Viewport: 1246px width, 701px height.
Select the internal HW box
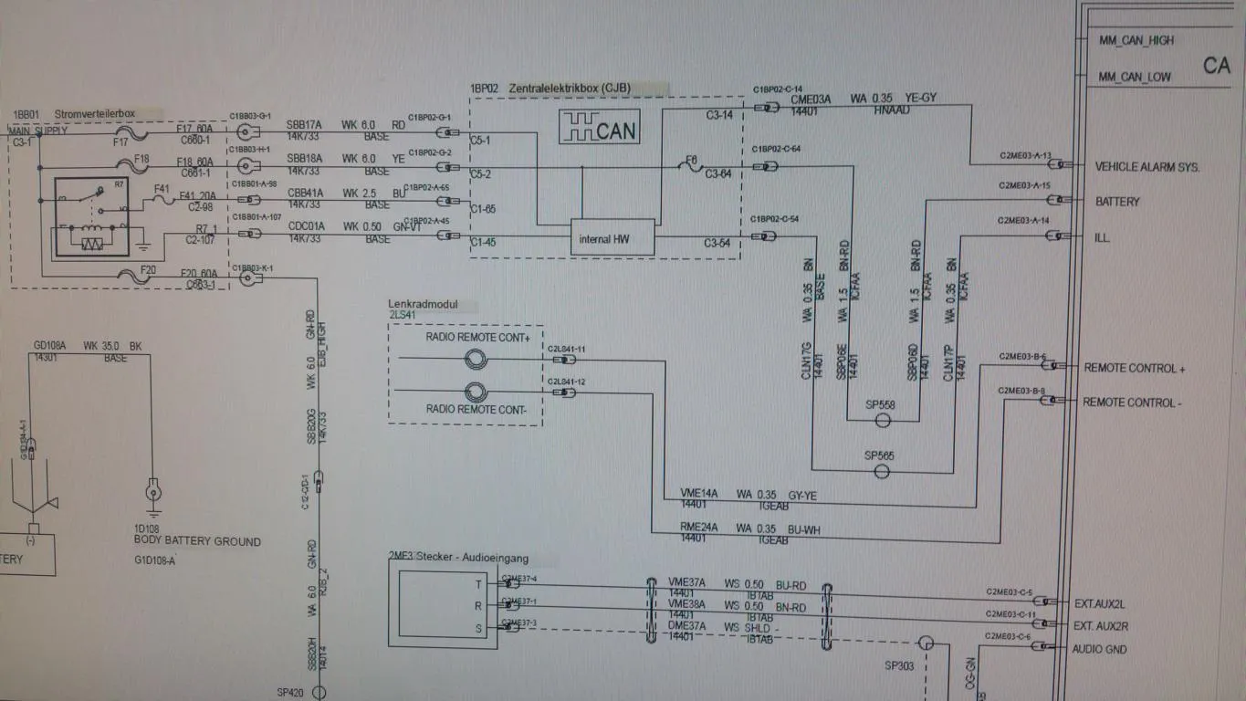[x=613, y=237]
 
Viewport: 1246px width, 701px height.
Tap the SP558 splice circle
[x=883, y=421]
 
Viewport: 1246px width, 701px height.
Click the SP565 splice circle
[x=882, y=471]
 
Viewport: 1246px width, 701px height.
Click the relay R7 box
[x=92, y=214]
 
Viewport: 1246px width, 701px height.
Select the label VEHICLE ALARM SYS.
[x=1147, y=167]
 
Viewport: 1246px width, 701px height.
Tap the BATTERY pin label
[x=1117, y=202]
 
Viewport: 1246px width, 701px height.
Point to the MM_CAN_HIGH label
[x=1136, y=41]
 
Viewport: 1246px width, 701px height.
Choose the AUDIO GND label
[x=1099, y=650]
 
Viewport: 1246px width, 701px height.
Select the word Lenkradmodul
[x=421, y=303]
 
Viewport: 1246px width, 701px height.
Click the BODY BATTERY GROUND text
[x=197, y=541]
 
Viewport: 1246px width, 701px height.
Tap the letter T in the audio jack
[x=477, y=584]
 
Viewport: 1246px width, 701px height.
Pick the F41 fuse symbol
[x=162, y=200]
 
